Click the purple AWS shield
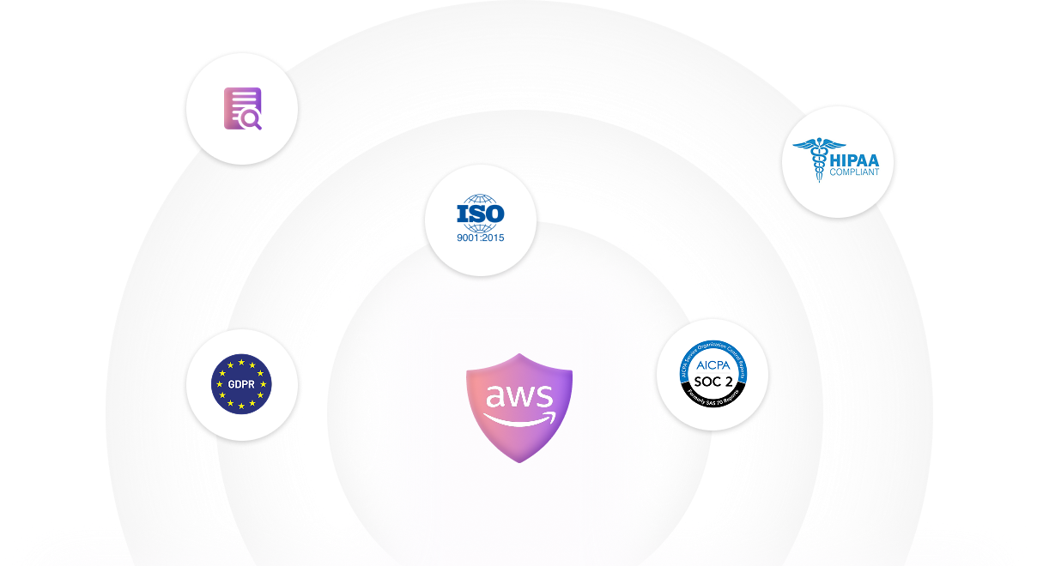[x=518, y=442]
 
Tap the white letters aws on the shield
[x=518, y=396]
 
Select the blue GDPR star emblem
[x=241, y=384]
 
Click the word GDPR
[x=241, y=384]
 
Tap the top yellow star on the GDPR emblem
[x=241, y=362]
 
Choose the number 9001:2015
[x=480, y=237]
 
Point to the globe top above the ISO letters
[x=480, y=198]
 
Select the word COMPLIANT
[x=853, y=172]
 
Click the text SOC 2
[x=712, y=380]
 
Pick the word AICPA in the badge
[x=712, y=364]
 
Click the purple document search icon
[x=242, y=109]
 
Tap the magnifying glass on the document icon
[x=252, y=121]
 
